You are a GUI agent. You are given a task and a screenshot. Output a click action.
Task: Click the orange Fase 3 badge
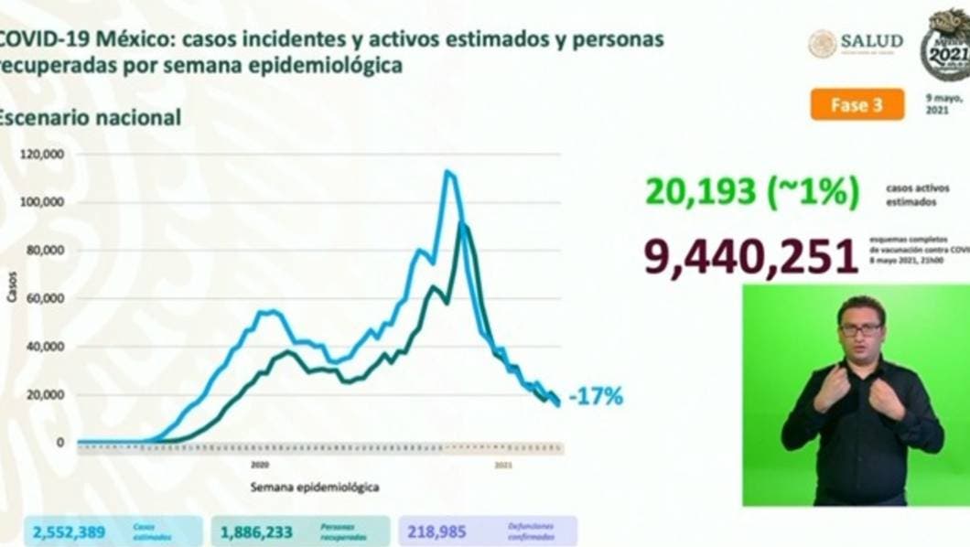[x=857, y=104]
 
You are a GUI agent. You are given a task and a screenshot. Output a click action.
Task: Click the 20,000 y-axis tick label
[x=45, y=395]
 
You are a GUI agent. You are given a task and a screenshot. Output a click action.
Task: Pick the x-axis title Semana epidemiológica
[x=315, y=488]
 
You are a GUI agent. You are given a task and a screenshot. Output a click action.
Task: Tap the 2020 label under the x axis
[x=259, y=465]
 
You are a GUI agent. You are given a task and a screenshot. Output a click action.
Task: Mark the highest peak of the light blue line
[x=448, y=171]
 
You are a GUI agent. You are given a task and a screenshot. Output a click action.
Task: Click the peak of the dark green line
[x=464, y=224]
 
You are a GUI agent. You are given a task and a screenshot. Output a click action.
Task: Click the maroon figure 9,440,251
[x=750, y=257]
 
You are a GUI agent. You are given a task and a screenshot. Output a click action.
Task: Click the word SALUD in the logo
[x=871, y=41]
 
